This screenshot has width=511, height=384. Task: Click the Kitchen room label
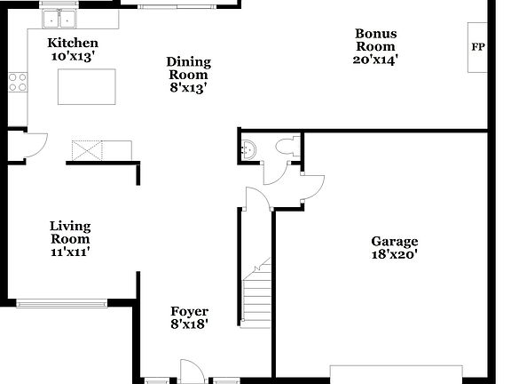(73, 43)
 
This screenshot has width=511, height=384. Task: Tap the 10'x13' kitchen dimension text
(73, 56)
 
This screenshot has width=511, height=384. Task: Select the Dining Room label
(189, 68)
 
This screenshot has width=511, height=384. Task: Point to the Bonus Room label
(376, 40)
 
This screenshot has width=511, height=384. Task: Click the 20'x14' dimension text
(376, 60)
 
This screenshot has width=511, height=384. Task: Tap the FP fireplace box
(478, 47)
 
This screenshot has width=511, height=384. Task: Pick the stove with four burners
(18, 83)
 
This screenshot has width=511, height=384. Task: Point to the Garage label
(394, 241)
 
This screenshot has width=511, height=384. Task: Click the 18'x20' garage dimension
(394, 254)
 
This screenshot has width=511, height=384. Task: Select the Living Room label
(70, 233)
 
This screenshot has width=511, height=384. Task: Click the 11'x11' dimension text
(70, 252)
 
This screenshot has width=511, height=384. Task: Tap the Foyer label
(189, 311)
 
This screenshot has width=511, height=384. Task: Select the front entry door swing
(188, 371)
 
